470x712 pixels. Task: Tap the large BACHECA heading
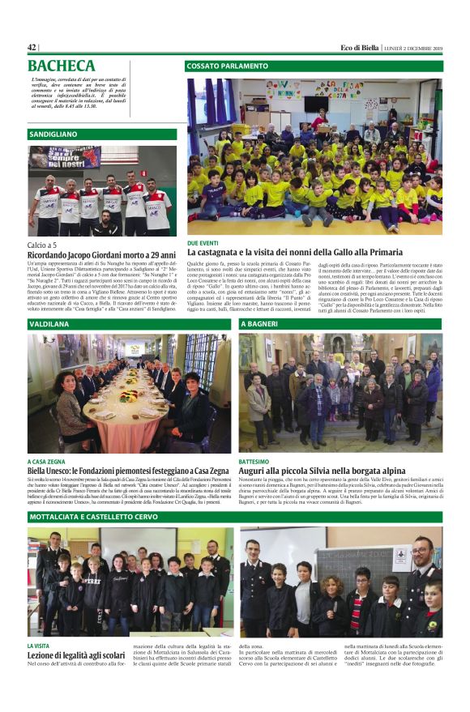pyautogui.click(x=62, y=66)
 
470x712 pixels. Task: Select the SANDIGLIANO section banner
pyautogui.click(x=102, y=134)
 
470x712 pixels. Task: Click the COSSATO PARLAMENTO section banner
pyautogui.click(x=314, y=66)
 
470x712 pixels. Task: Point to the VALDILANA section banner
pyautogui.click(x=129, y=324)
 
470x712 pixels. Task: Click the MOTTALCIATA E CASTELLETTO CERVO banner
pyautogui.click(x=235, y=516)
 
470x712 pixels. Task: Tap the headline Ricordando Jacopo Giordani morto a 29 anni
pyautogui.click(x=100, y=256)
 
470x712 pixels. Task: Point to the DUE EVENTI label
pyautogui.click(x=203, y=242)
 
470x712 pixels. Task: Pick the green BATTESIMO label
pyautogui.click(x=256, y=460)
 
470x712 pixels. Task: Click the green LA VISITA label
pyautogui.click(x=42, y=646)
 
